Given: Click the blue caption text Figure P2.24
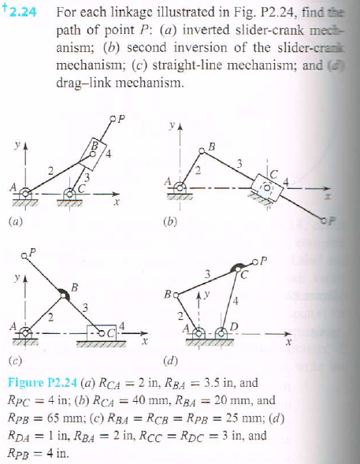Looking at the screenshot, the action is pyautogui.click(x=39, y=383).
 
